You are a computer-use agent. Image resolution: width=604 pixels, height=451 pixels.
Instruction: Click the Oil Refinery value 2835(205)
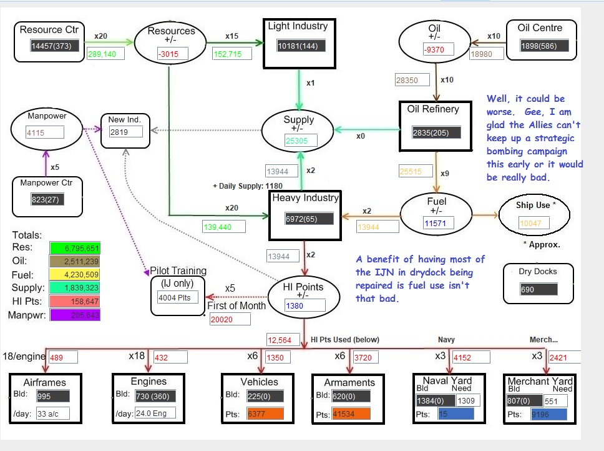436,132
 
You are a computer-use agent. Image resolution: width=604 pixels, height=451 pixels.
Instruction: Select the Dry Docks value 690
538,290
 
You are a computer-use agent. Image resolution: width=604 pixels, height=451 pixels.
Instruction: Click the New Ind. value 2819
126,132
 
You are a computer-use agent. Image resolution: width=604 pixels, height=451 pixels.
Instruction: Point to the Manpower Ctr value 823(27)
47,199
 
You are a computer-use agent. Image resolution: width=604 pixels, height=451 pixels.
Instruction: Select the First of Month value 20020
230,319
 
